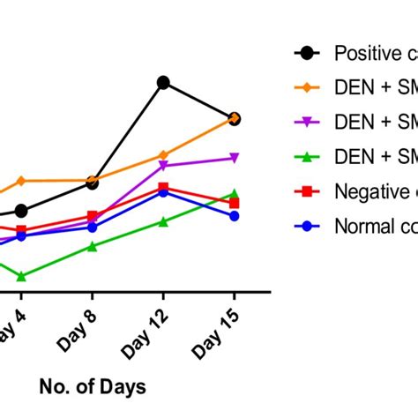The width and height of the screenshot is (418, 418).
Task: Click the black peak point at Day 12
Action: coord(163,83)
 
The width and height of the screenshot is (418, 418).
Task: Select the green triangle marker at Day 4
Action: coord(21,277)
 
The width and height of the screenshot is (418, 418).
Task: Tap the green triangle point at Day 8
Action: coord(93,247)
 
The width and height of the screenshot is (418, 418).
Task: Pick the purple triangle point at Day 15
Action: coord(235,158)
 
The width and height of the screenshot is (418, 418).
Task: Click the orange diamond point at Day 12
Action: coord(163,155)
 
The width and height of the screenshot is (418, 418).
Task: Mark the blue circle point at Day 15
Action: coord(235,216)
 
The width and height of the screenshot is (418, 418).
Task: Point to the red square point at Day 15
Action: coord(235,203)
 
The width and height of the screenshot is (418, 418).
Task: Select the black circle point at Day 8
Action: coord(93,183)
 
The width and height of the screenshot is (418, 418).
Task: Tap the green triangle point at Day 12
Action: coord(163,221)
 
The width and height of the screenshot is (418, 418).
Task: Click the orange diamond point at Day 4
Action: coord(21,181)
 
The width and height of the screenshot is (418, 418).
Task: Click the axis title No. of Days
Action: coord(92,386)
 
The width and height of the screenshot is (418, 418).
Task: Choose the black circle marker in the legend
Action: coord(307,53)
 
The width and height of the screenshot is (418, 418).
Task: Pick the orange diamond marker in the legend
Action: coord(307,87)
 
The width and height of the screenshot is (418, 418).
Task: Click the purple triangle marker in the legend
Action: coord(307,122)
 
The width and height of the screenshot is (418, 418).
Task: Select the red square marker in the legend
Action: coord(307,190)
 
